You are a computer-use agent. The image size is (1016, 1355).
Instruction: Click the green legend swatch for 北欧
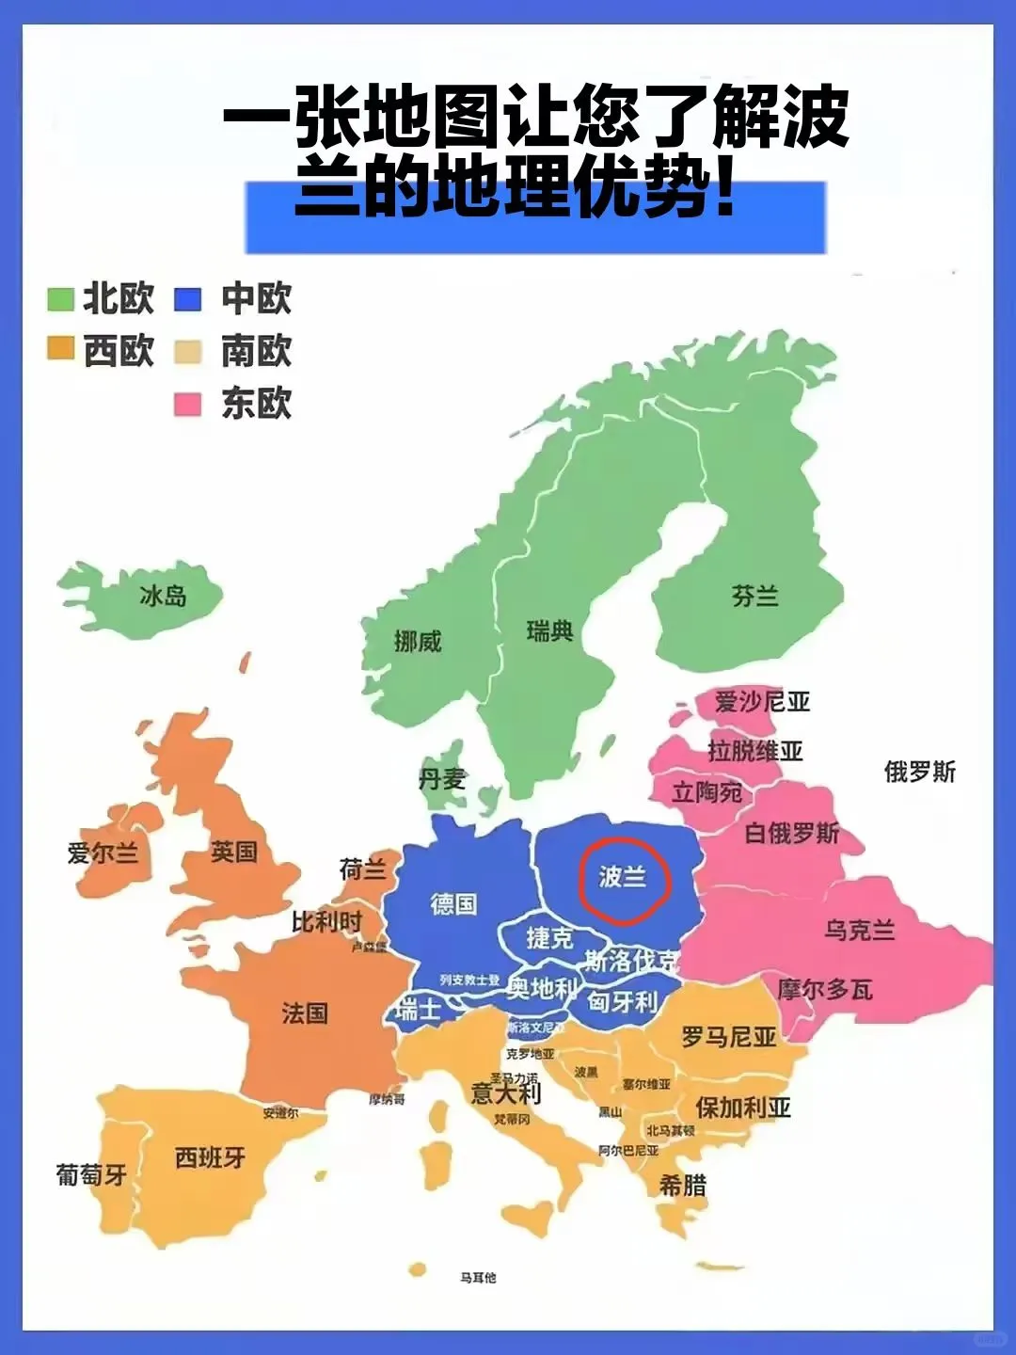(60, 299)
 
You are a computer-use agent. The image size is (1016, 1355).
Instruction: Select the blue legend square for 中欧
(187, 299)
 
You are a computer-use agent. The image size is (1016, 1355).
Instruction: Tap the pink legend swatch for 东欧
(187, 405)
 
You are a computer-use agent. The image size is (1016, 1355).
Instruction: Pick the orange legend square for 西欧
(60, 349)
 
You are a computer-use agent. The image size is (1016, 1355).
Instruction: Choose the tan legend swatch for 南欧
(187, 352)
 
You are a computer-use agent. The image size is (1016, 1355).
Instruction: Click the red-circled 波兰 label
(623, 877)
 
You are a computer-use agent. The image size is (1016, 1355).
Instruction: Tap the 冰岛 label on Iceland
(163, 596)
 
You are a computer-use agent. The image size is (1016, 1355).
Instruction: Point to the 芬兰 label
(754, 596)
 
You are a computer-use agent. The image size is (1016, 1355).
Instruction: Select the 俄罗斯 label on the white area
(919, 773)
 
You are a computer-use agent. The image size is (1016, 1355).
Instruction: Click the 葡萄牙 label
(91, 1174)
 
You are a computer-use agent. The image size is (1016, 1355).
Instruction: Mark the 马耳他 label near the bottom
(478, 1277)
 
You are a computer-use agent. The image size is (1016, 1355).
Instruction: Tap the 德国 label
(453, 904)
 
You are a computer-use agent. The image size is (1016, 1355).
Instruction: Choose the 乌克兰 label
(859, 931)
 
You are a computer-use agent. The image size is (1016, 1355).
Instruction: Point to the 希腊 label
(682, 1185)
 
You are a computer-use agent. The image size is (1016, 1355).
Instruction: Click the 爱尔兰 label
(103, 853)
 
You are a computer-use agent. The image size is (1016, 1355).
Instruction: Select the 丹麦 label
(442, 779)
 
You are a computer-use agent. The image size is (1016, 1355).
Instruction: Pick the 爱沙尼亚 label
(762, 702)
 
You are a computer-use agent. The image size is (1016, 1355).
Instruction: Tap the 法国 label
(305, 1013)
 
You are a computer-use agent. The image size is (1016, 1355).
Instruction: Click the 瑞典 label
(549, 631)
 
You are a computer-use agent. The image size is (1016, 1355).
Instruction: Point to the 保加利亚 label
(742, 1108)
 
